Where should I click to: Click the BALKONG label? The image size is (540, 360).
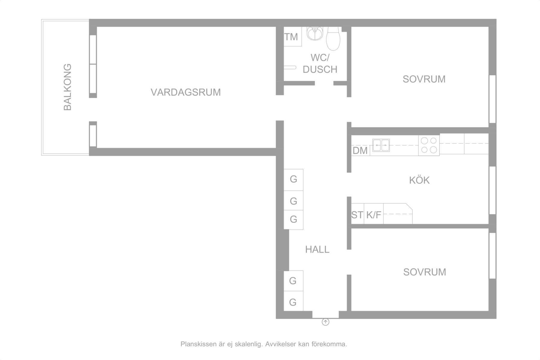coord(68,87)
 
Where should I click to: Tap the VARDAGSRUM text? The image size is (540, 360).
coord(186,92)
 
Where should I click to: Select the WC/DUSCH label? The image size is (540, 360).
coord(320,63)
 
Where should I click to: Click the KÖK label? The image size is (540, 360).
coord(419,180)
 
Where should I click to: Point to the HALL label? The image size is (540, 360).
coord(317,249)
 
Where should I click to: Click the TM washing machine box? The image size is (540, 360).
coord(293,37)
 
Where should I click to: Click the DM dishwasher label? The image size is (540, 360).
coord(360,151)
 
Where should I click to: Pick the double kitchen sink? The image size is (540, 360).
coord(381,145)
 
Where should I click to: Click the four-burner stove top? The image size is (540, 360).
coord(429,145)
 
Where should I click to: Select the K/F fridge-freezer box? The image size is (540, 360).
coord(374,214)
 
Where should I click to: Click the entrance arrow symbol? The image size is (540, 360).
coord(325,322)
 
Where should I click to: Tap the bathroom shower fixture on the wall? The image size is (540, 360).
coord(290,67)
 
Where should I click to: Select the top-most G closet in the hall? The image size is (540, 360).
coord(293,180)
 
